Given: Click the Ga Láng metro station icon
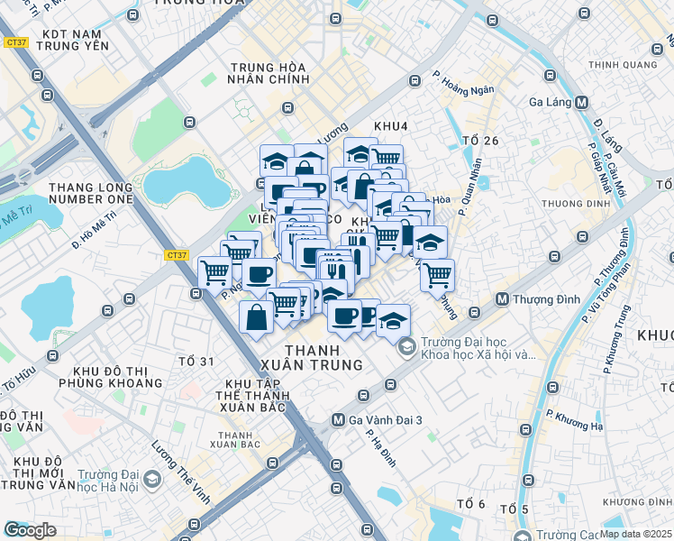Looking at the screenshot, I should coord(581,102).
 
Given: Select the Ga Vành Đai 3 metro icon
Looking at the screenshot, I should coord(338,419).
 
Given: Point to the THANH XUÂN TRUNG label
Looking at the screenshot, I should coord(323,357).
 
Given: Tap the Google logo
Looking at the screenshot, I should coord(30,530).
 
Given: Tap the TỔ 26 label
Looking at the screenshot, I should coord(479,140).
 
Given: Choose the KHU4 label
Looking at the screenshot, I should coord(391,125).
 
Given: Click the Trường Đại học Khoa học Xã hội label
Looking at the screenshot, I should coord(478,348).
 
